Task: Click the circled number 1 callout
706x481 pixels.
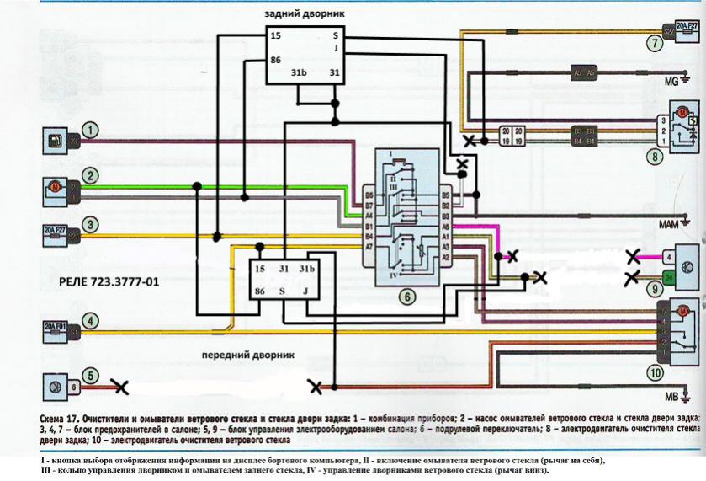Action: tap(90, 131)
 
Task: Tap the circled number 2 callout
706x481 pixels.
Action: tap(88, 177)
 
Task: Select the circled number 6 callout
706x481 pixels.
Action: tap(405, 296)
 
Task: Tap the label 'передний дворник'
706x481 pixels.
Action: tap(248, 355)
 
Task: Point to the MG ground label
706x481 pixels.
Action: tap(672, 81)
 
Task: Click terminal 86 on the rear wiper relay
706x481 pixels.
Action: tap(275, 61)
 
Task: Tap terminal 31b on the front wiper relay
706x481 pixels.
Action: tap(309, 268)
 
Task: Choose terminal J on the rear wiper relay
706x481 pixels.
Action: tap(335, 48)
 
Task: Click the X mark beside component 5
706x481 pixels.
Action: tap(120, 387)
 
